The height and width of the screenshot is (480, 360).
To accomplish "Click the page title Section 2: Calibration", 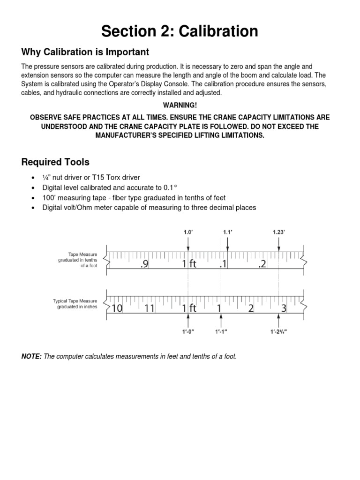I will tap(180, 31).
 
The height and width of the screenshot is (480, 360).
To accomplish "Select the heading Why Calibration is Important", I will tap(85, 52).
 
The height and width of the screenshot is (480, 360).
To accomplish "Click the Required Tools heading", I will tap(55, 162).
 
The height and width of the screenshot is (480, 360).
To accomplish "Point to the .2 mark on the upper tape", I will tap(262, 264).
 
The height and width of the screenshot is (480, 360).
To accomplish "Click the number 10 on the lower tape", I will tap(117, 308).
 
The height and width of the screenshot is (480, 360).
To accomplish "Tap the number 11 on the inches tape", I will tap(149, 308).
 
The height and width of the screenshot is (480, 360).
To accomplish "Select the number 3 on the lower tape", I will tap(284, 308).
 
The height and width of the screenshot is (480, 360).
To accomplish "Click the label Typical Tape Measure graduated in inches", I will tap(75, 304).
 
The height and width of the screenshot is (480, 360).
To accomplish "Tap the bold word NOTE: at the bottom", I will tap(31, 357).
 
